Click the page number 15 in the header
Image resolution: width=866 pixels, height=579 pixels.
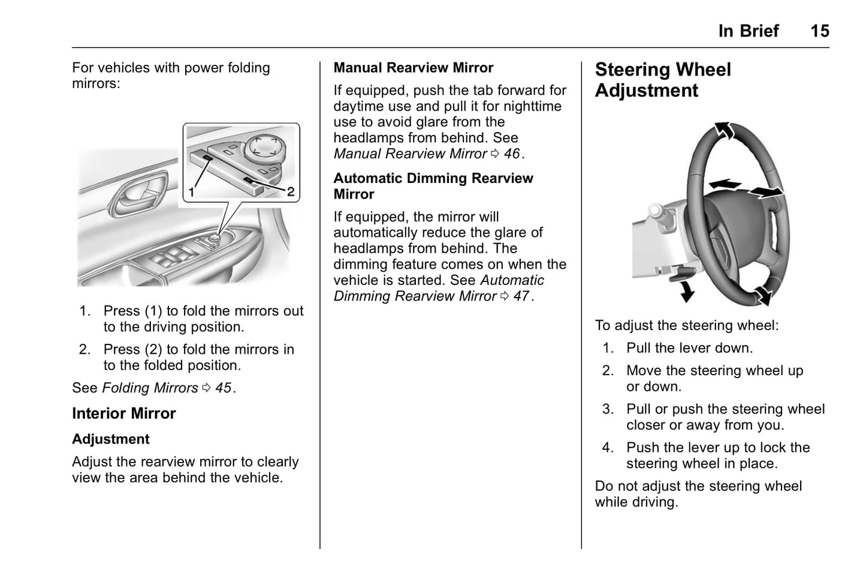point(819,31)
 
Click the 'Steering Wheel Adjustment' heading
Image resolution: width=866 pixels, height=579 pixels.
point(662,80)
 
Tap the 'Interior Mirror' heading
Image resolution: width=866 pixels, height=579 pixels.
point(123,413)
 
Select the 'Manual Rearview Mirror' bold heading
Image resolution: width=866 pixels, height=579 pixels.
point(413,68)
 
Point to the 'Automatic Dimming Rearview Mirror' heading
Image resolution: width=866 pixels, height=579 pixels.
point(433,186)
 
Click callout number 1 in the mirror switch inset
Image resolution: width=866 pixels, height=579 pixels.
point(191,192)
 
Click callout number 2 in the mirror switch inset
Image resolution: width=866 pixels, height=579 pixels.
point(290,192)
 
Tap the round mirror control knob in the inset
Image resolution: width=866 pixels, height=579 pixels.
point(261,146)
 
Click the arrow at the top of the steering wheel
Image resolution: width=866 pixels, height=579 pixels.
point(724,130)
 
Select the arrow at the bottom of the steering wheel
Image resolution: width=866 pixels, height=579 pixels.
point(762,295)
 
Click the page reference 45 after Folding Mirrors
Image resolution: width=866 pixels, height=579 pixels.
point(223,388)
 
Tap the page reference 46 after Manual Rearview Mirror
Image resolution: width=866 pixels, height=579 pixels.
point(511,154)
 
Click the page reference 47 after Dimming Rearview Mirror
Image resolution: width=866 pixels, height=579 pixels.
point(521,296)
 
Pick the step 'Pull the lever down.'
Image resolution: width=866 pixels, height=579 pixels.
point(689,348)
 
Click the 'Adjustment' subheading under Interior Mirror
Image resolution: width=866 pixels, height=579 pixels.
point(110,439)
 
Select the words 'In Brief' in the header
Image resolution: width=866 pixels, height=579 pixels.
point(748,31)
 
